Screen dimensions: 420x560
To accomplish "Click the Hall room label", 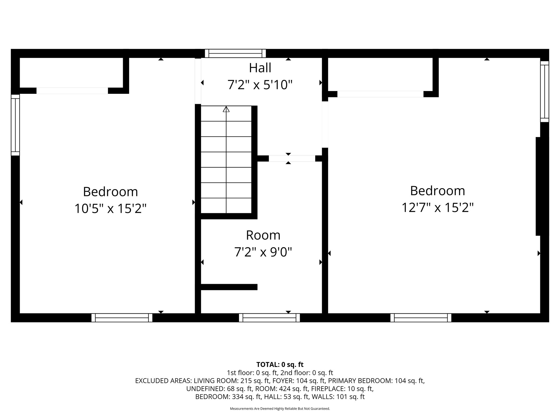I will point(260,68).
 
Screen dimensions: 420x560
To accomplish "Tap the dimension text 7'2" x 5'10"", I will point(260,85).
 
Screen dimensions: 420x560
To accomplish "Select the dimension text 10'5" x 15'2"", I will point(110,209).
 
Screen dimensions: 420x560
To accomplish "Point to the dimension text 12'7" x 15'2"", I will point(437,208).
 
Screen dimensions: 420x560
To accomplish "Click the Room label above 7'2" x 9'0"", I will point(263,235).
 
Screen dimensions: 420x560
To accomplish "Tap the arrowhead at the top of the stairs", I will point(226,109).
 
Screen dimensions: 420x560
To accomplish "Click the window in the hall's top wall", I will point(235,53).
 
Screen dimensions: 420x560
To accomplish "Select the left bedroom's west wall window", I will point(15,125).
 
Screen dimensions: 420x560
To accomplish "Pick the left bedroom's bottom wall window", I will point(122,318).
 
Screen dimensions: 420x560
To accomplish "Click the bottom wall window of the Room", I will point(269,318).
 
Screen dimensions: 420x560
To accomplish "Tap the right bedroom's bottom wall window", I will point(421,318).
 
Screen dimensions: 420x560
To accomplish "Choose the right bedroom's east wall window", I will point(544,91).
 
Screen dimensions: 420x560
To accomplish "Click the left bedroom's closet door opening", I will point(72,91).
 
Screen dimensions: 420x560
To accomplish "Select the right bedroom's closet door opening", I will point(380,94).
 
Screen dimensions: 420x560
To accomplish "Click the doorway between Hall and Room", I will point(292,159).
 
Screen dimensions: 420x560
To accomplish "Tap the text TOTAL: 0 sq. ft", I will point(280,364).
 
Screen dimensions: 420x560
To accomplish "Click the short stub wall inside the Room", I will point(229,287).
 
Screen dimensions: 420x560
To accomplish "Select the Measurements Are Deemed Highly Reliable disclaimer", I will point(280,409).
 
